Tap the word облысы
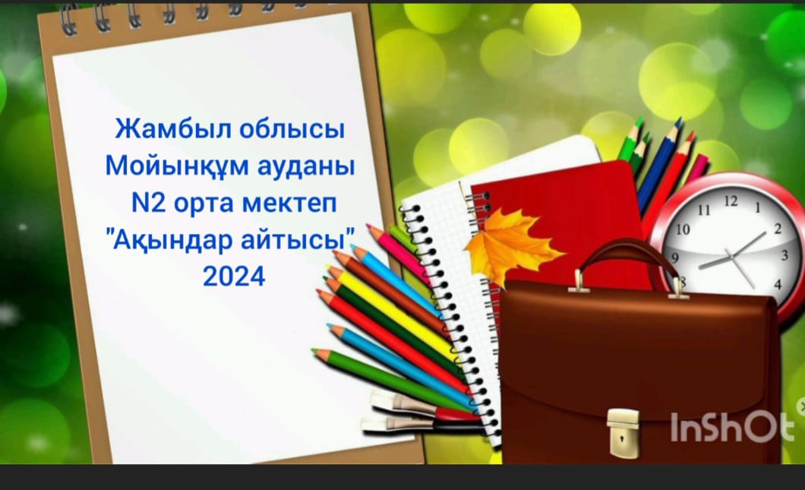(292, 128)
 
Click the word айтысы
(298, 240)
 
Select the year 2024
(234, 277)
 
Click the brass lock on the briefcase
(623, 432)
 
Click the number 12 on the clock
(731, 201)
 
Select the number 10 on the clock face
(682, 229)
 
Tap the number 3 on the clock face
(784, 254)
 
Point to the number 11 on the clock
(704, 210)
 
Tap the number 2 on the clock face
(778, 228)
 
